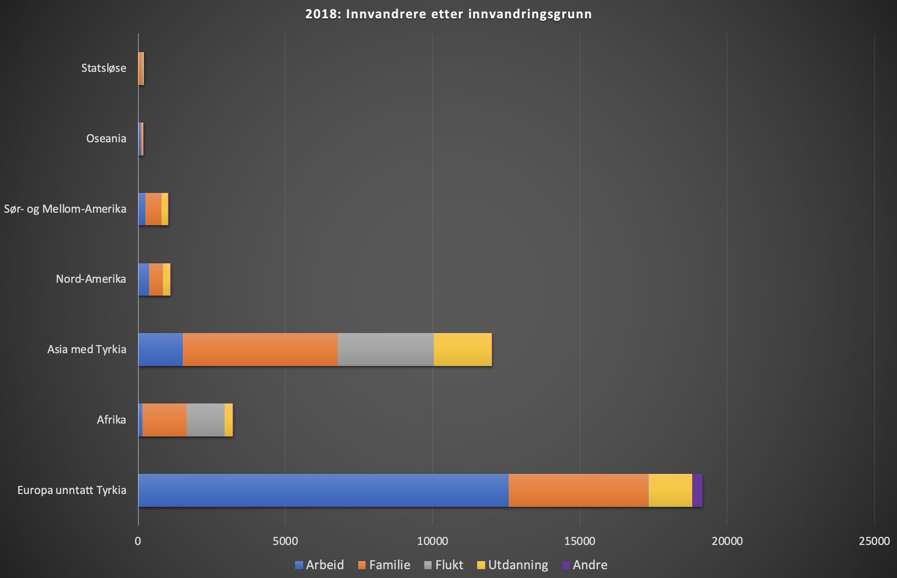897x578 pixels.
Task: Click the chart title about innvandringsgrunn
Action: point(448,14)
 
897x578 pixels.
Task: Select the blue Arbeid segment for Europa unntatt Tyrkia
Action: point(323,490)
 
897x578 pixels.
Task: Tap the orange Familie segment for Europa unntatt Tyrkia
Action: point(578,490)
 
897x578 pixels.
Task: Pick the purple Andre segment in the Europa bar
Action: point(697,490)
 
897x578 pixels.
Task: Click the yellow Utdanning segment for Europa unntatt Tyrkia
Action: point(670,490)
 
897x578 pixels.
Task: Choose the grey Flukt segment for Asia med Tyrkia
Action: point(385,350)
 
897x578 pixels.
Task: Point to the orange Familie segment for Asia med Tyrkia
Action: point(260,350)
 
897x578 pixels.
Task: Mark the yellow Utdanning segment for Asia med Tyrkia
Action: point(462,350)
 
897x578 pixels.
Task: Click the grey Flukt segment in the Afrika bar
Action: point(205,420)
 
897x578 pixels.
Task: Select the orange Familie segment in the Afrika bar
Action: point(164,420)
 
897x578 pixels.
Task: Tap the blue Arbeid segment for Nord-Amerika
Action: point(144,279)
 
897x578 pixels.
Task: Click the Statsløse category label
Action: point(103,68)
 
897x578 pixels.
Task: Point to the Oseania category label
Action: point(106,139)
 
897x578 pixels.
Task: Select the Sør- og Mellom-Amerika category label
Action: point(65,209)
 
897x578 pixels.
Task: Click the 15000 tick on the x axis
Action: point(580,541)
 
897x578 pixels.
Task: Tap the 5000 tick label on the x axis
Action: point(285,541)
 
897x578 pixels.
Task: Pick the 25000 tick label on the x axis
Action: point(874,541)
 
